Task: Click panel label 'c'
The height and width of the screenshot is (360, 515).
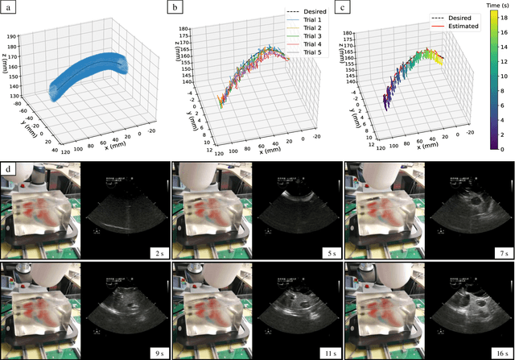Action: click(x=343, y=8)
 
